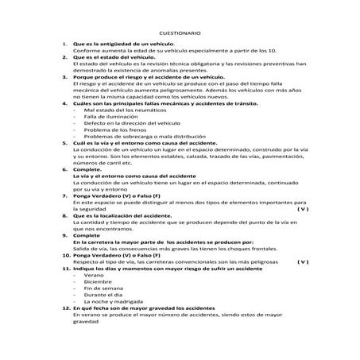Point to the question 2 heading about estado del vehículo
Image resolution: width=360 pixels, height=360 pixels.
tap(114, 57)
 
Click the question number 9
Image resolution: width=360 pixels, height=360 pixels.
tap(64, 236)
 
